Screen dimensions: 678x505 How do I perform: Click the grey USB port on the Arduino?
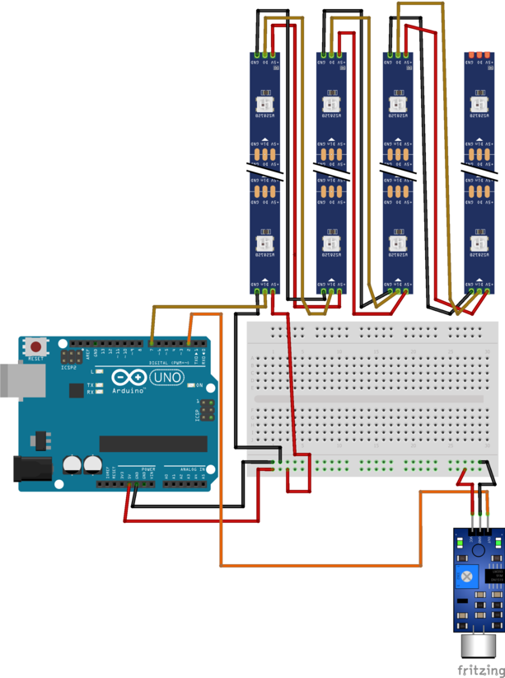12,379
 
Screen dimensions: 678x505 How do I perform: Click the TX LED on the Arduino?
99,384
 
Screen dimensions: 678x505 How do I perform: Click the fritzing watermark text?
480,670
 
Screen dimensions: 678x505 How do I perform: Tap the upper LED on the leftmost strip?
264,104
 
